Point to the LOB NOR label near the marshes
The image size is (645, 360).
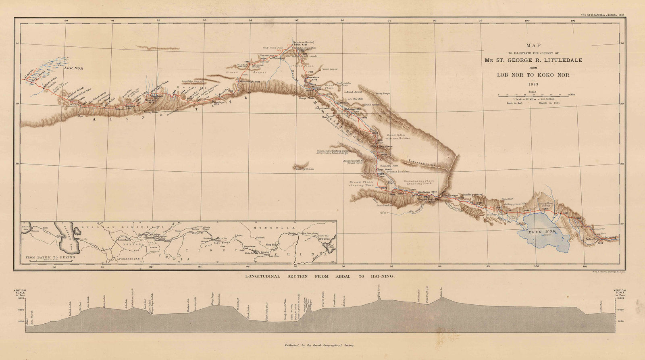[74, 69]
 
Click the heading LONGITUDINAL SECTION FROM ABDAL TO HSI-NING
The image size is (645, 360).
[321, 277]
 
